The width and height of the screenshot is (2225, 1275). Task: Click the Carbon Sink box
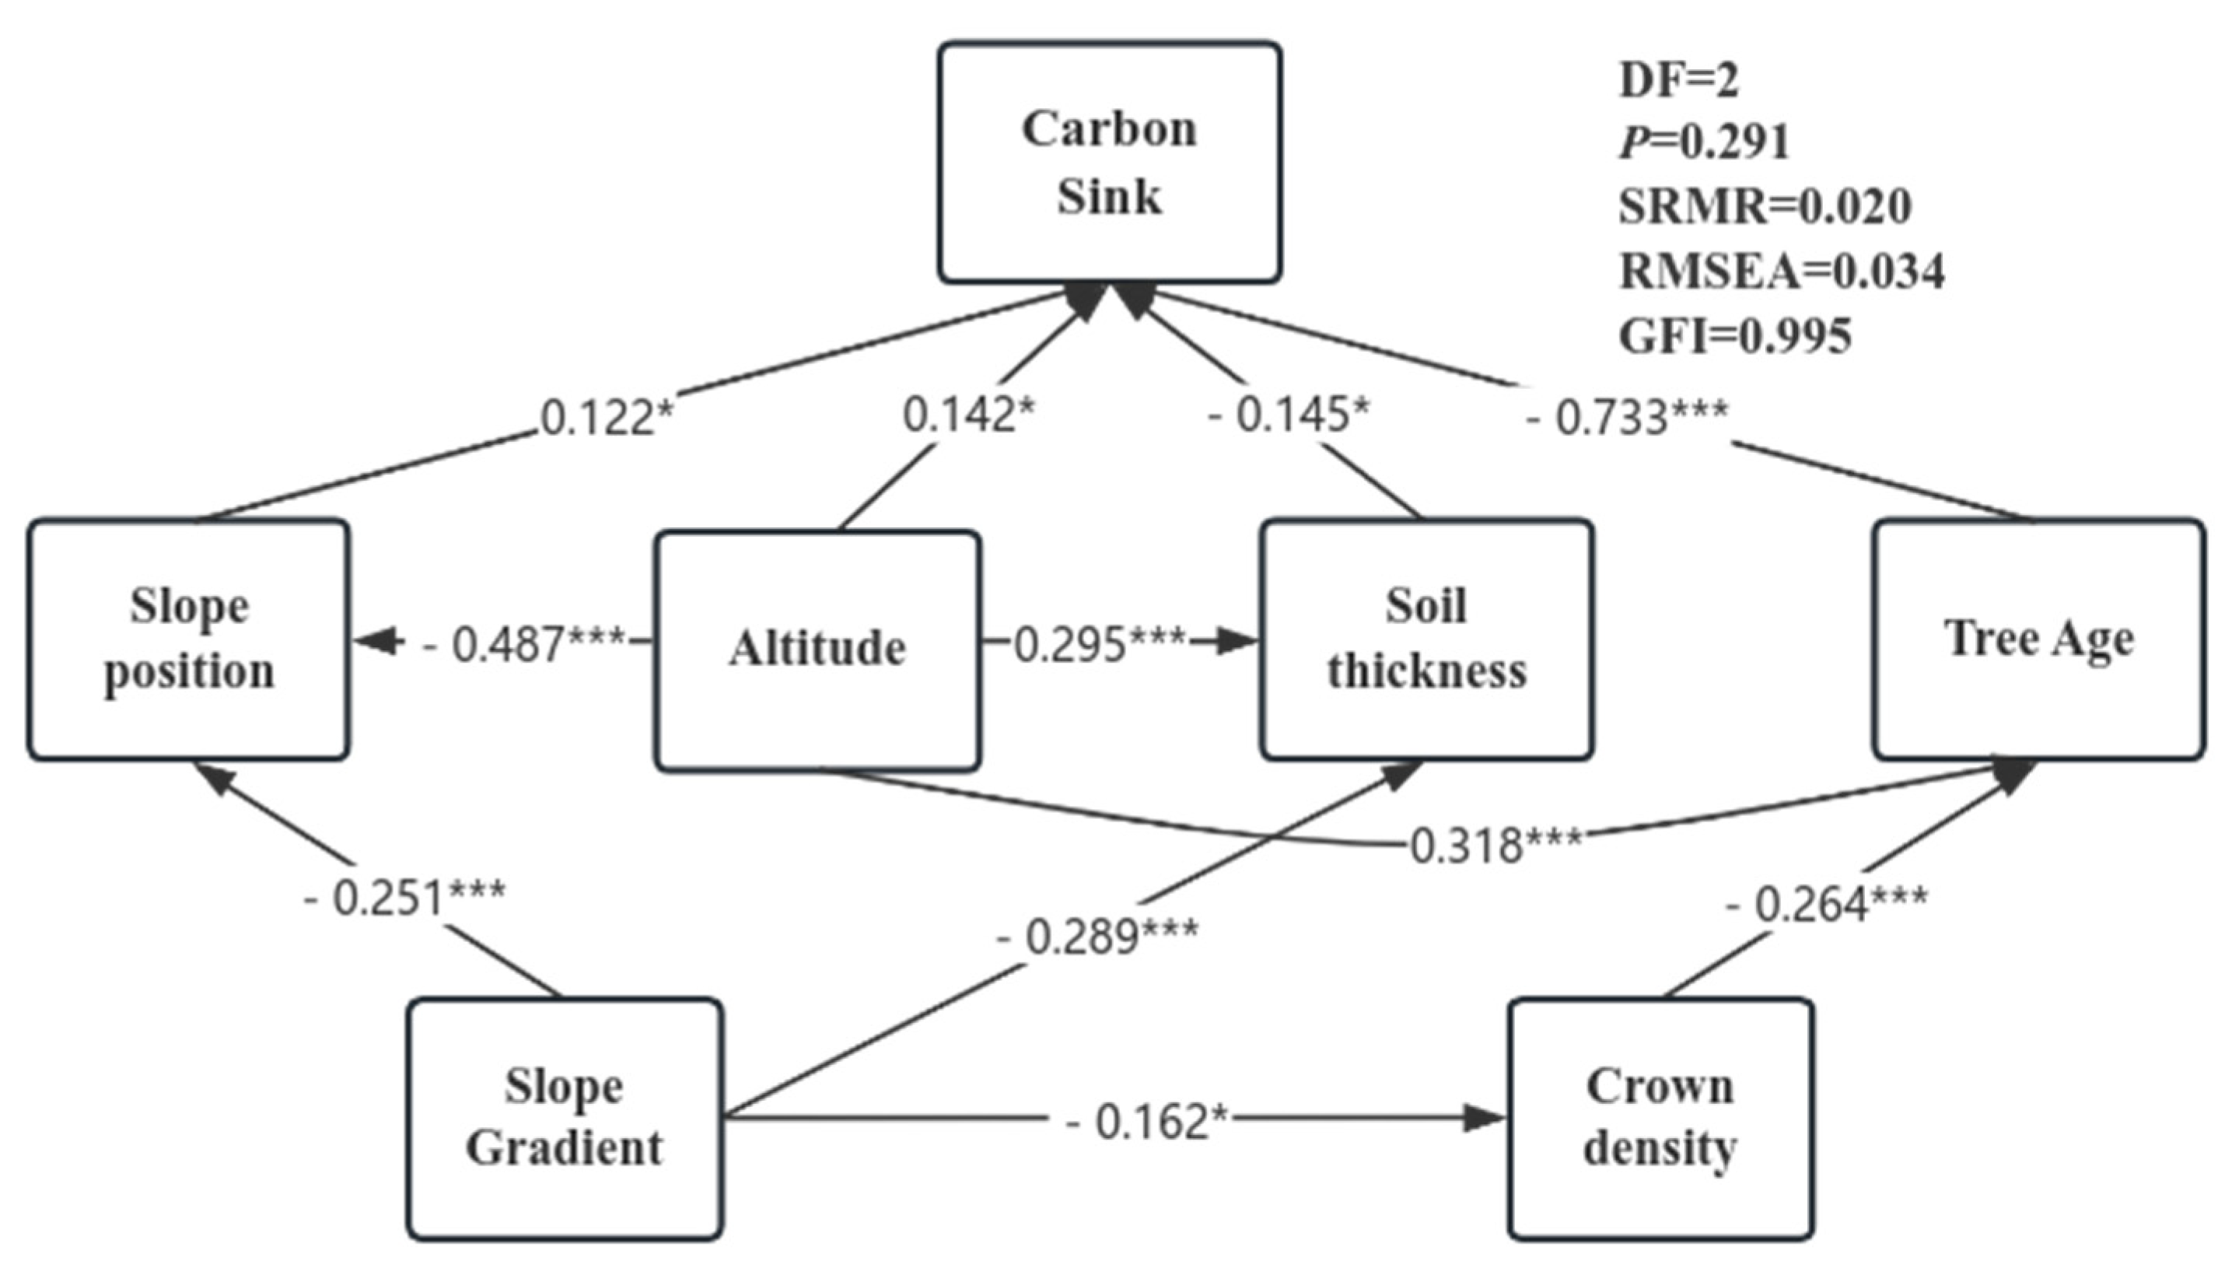click(1110, 163)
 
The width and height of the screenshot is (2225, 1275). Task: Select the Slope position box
click(189, 639)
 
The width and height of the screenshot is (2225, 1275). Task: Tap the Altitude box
click(817, 650)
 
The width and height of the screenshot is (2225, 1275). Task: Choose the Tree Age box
click(2038, 639)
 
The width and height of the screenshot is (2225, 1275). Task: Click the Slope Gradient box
click(565, 1119)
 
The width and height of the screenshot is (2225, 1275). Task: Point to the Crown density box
click(1660, 1119)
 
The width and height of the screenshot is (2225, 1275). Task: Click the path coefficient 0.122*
click(607, 418)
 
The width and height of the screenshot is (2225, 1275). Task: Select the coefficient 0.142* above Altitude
click(968, 414)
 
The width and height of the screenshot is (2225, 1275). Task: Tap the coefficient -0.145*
click(1286, 414)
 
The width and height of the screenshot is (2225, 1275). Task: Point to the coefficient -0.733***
click(1627, 417)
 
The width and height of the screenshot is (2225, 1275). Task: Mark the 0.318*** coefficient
click(1496, 846)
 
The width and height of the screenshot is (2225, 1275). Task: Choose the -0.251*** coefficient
click(404, 898)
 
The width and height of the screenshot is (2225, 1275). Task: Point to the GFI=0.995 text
click(1736, 336)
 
